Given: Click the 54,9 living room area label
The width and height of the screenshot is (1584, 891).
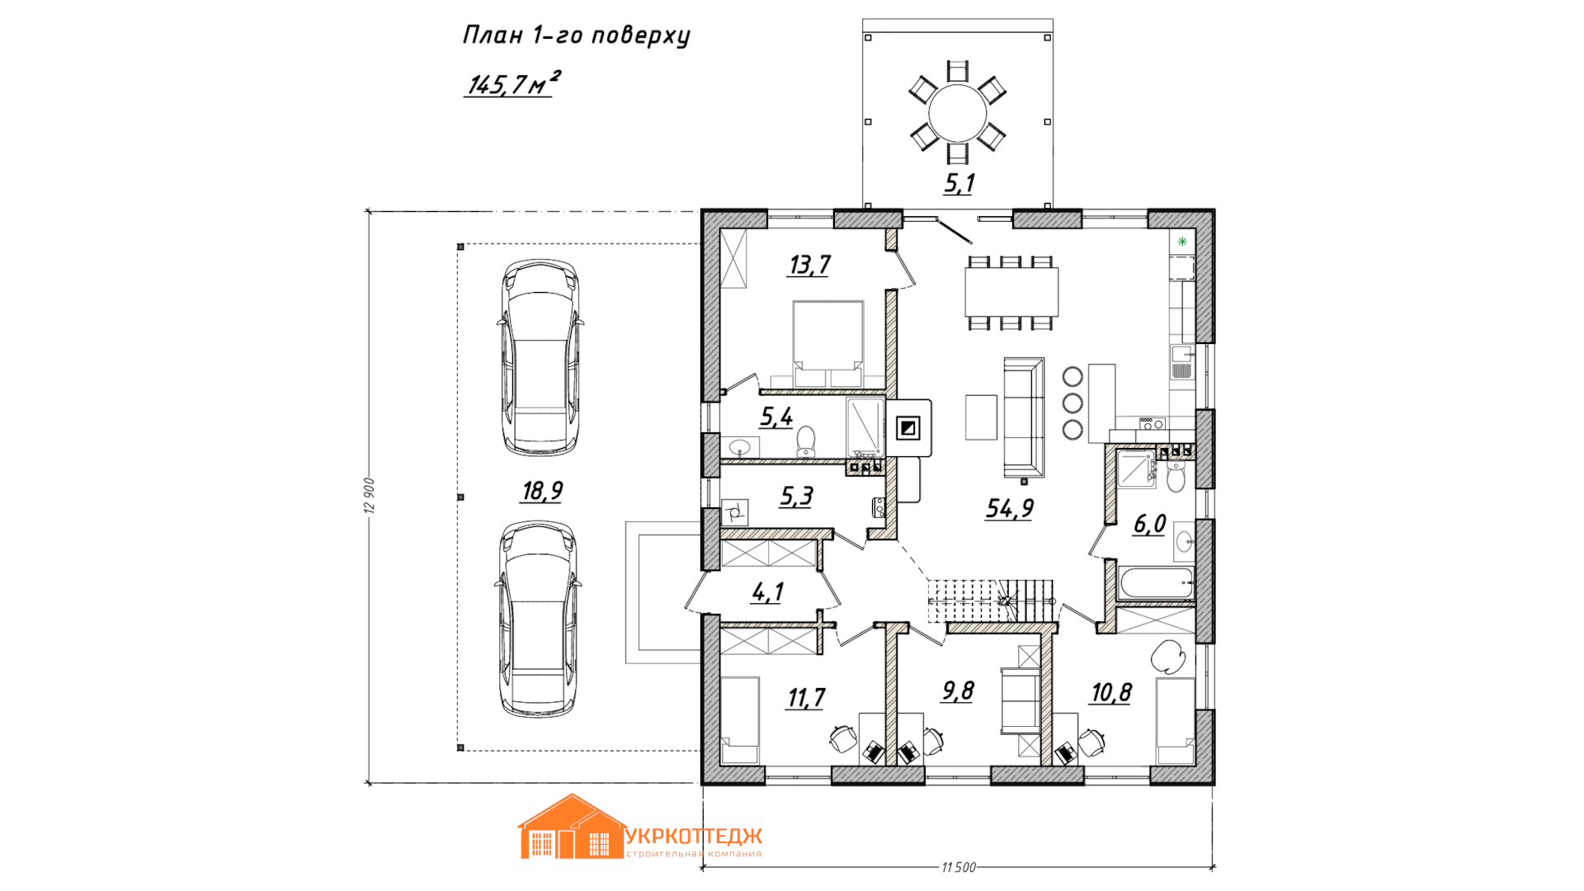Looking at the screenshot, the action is (1010, 508).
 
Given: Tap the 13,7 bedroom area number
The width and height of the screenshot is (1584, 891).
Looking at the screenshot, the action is (809, 265).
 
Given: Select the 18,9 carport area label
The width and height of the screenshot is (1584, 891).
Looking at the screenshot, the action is (542, 491).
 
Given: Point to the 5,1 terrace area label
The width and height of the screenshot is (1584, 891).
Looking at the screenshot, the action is (959, 182).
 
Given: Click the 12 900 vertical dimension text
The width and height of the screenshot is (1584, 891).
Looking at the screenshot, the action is (370, 496).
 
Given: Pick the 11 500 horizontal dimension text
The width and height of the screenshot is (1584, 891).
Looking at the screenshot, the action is (959, 867).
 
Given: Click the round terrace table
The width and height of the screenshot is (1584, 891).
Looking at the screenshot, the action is (958, 112).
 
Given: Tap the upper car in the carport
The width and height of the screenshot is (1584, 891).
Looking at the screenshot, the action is (540, 357).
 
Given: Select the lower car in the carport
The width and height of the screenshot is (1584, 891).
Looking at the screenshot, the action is (539, 618).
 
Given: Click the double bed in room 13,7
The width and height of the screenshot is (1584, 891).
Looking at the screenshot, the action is (828, 344).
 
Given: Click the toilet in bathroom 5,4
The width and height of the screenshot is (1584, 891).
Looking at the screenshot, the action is (806, 441).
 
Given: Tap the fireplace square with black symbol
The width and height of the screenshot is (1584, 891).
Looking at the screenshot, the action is (908, 428).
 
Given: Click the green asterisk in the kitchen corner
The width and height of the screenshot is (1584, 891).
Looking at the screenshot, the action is (1182, 242).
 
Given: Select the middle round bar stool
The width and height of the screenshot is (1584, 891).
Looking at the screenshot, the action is (1072, 403).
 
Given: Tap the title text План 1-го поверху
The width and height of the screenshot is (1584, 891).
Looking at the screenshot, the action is (576, 35).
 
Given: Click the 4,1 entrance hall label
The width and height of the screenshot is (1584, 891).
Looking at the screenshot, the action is (767, 592).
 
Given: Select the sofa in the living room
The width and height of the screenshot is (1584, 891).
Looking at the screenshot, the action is (1024, 417).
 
